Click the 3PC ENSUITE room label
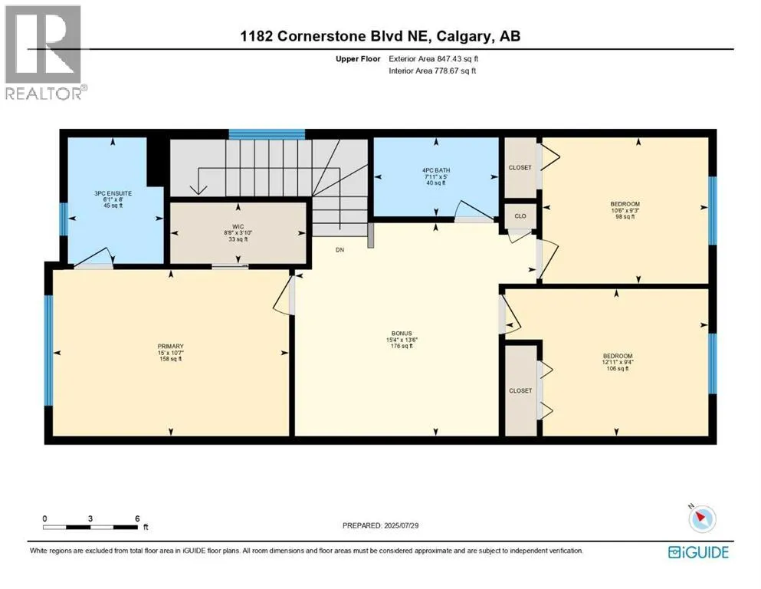(113, 193)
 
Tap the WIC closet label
(238, 227)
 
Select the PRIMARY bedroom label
(170, 346)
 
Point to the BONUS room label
(402, 334)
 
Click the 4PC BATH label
(436, 170)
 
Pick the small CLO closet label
(520, 216)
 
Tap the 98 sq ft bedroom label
(625, 204)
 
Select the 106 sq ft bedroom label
(618, 356)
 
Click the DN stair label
(339, 250)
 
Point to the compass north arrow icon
(702, 518)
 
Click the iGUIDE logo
(698, 553)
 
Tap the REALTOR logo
(44, 52)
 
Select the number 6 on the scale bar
(137, 518)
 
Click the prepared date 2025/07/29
(401, 525)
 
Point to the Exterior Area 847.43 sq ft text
(434, 59)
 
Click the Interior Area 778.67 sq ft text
(432, 71)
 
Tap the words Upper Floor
(358, 59)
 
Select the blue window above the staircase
(267, 134)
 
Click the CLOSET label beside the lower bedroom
(520, 390)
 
